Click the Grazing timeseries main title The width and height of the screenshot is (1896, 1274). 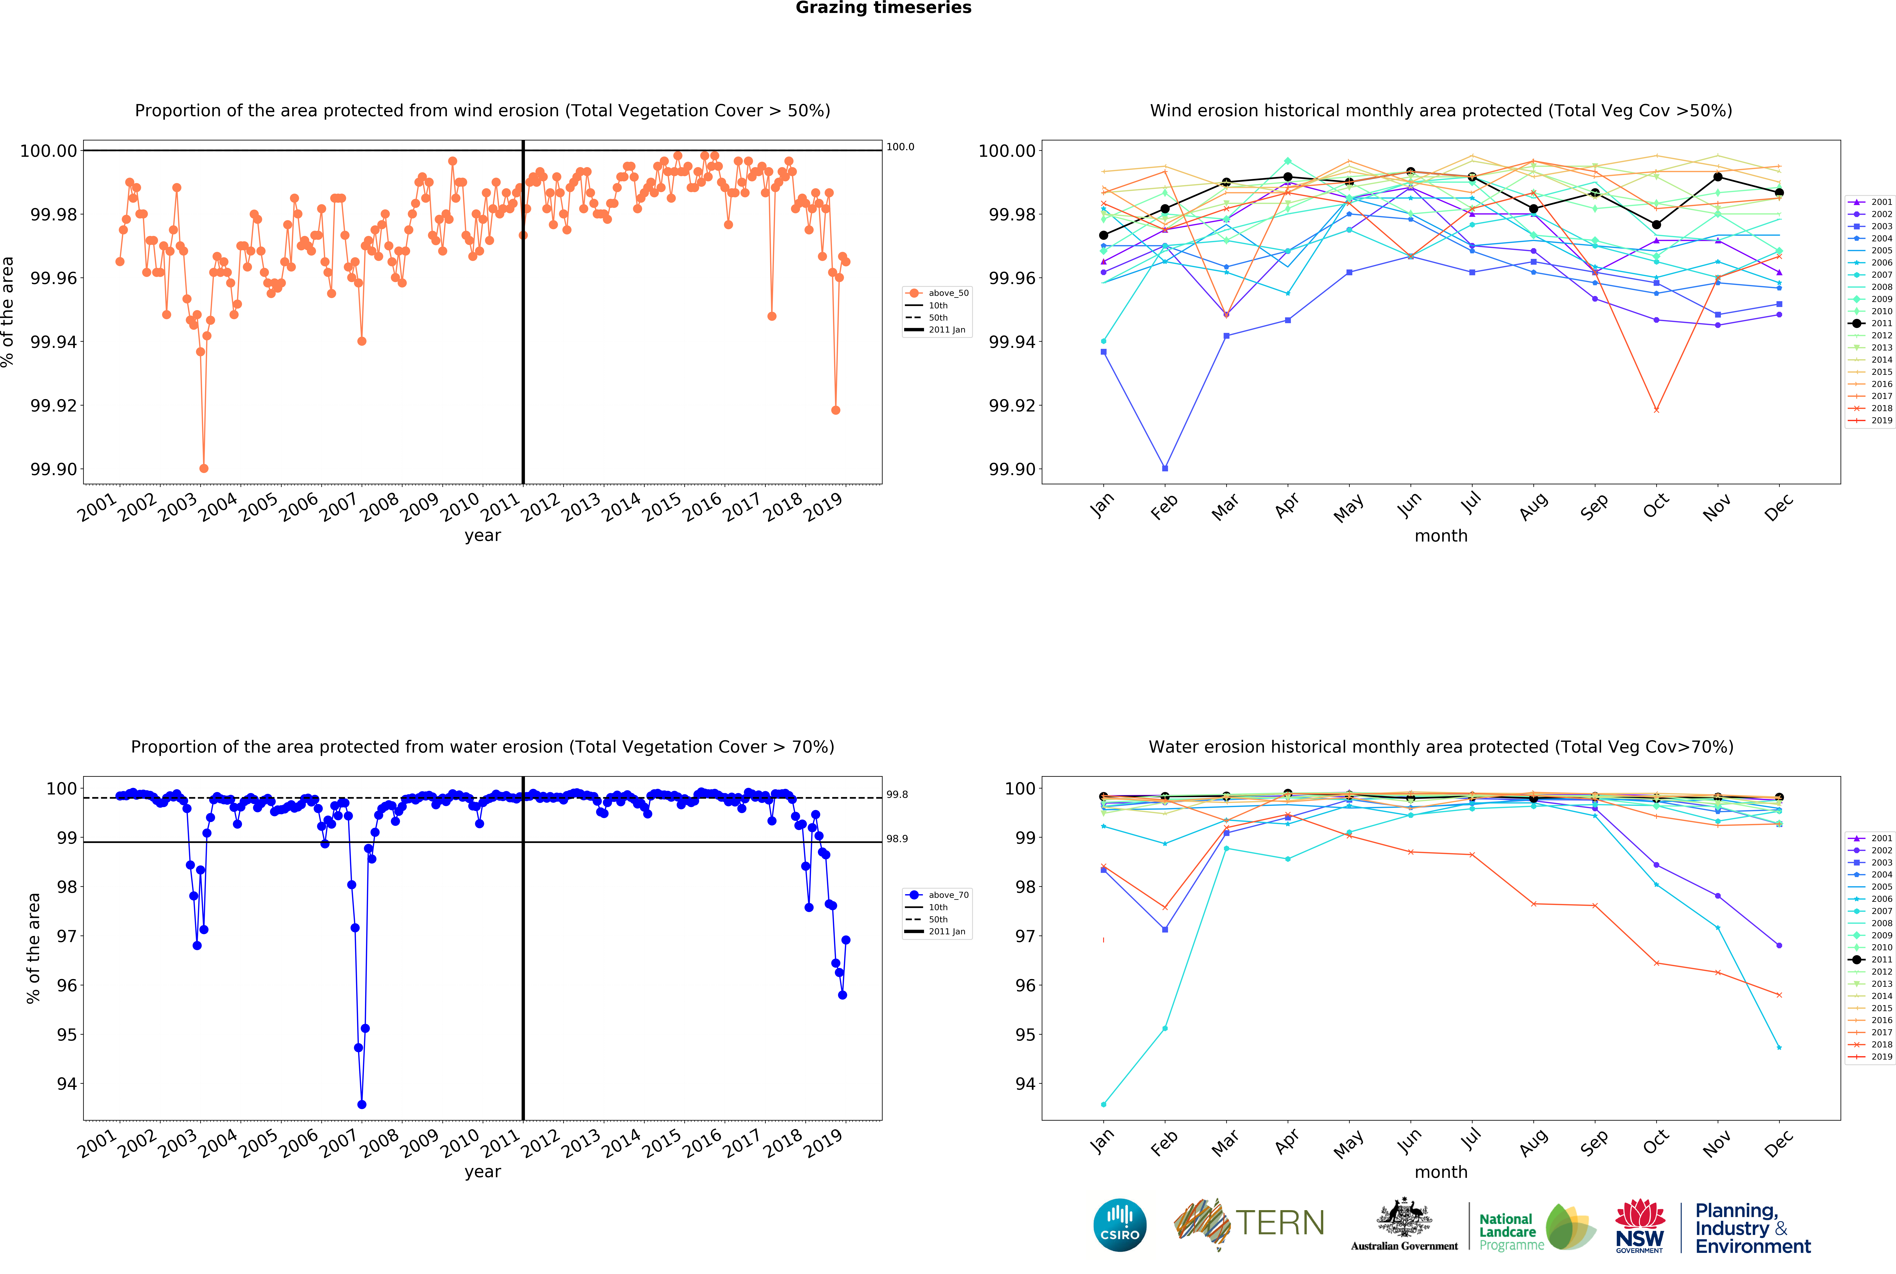point(883,8)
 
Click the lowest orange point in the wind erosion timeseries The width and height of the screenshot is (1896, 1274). point(204,469)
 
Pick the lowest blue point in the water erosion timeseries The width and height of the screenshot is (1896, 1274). point(361,1104)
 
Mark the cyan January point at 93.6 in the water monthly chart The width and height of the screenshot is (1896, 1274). point(1103,1104)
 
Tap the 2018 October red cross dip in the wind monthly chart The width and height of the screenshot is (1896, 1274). point(1655,410)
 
